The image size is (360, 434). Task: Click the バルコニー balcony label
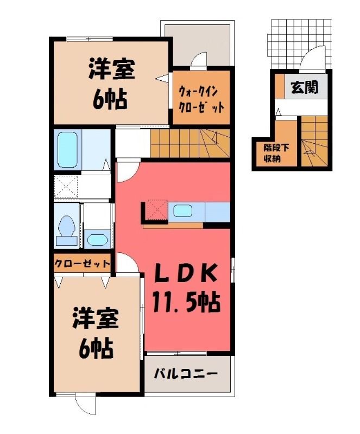[186, 374]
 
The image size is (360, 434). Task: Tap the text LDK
[185, 273]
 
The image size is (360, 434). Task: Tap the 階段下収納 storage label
[276, 153]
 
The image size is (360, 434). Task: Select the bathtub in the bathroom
[67, 150]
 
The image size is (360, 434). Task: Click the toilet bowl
[67, 226]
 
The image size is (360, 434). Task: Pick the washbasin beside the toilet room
[96, 239]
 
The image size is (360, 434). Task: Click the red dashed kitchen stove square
[157, 209]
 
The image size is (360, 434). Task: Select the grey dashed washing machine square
[66, 186]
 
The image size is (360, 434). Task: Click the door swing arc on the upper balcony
[198, 59]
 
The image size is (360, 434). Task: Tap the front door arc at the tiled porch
[312, 56]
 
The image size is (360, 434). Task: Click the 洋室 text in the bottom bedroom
[96, 318]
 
